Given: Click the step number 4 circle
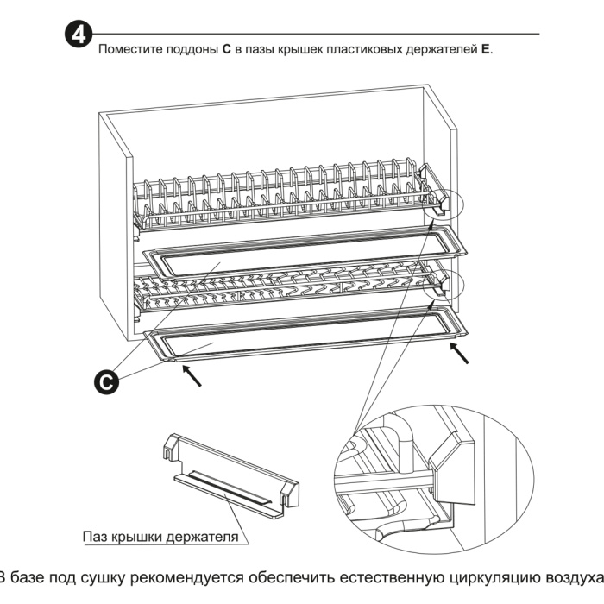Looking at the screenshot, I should tap(79, 36).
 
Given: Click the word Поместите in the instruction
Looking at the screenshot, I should tap(128, 50).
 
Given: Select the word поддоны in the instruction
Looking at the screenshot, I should tap(189, 50).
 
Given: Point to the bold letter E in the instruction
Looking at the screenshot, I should tap(485, 50).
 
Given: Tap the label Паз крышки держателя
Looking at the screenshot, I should tap(160, 536).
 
